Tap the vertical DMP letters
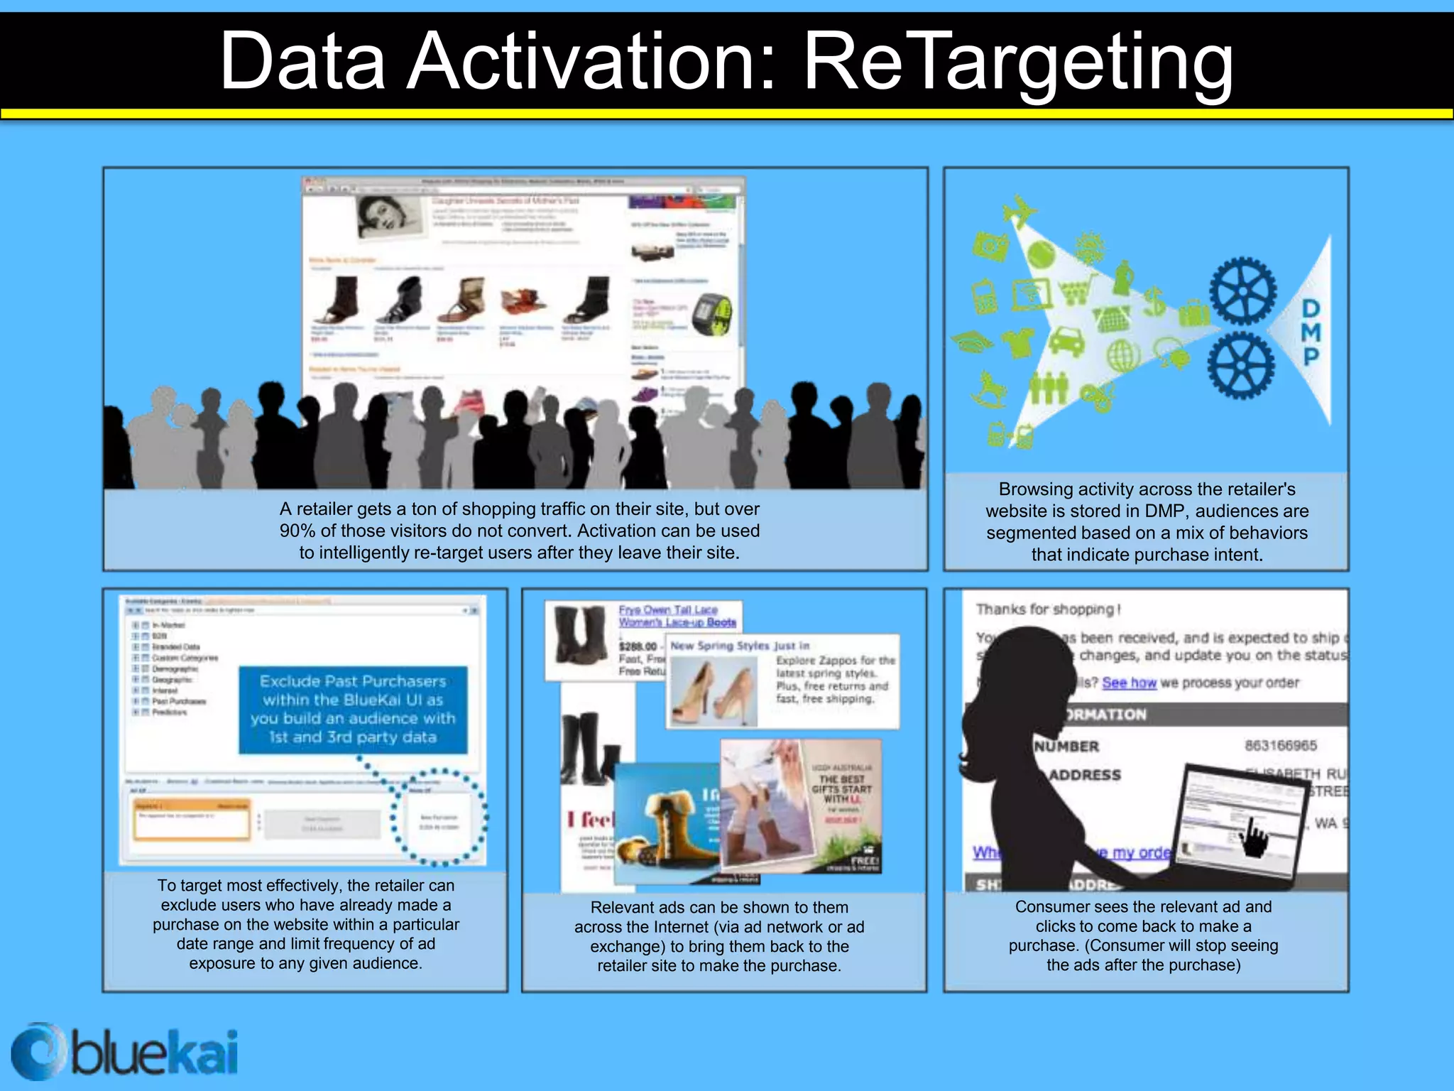coord(1311,332)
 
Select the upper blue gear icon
coord(1242,291)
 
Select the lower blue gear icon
coord(1241,367)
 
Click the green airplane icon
coord(1020,211)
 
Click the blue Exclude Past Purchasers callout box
coord(353,709)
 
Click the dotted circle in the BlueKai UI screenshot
coord(439,816)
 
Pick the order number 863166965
coord(1280,745)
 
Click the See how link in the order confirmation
coord(1129,683)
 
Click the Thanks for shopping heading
coord(1048,609)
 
